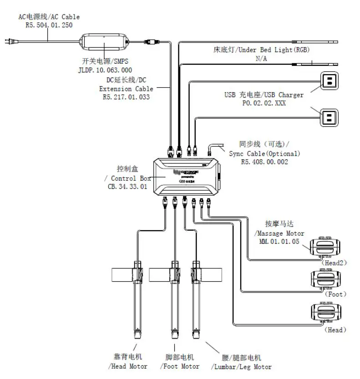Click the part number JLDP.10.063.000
coord(105,70)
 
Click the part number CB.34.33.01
coord(125,187)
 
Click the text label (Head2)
coord(335,263)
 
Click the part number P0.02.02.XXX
coord(264,103)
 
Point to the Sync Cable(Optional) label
coord(264,153)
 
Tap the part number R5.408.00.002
coord(264,162)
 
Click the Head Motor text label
coord(128,366)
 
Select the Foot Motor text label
coord(180,366)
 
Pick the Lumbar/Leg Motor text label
coord(241,367)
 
